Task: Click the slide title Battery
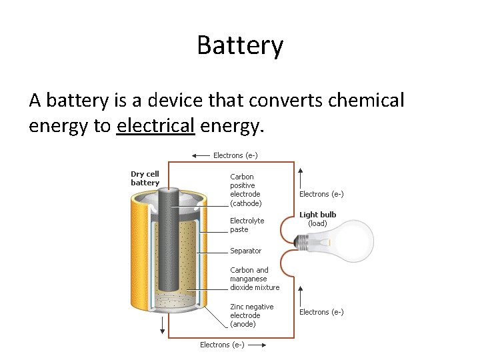coord(240,46)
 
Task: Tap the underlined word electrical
coord(155,125)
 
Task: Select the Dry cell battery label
coord(145,179)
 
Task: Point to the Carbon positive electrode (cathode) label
coord(245,190)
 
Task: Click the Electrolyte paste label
coord(247,225)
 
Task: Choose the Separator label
coord(245,251)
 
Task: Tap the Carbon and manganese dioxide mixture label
coord(254,279)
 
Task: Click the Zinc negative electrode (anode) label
coord(251,315)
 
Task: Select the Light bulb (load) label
coord(317,219)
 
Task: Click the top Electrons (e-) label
coord(235,155)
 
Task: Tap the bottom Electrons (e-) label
coord(222,345)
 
